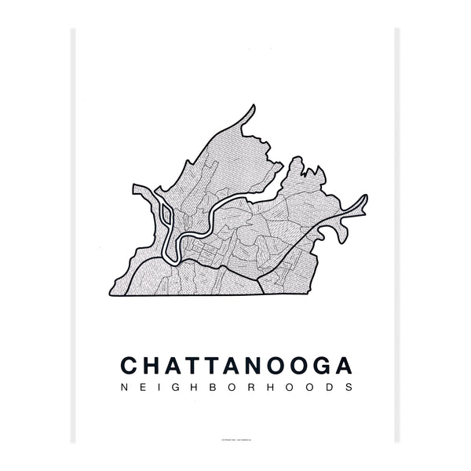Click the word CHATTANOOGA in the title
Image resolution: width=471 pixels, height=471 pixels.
(235, 366)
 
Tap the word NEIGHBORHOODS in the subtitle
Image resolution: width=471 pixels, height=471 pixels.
(235, 388)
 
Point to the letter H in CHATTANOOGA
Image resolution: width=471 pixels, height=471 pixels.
(151, 366)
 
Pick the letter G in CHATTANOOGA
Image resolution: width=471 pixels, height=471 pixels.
(320, 366)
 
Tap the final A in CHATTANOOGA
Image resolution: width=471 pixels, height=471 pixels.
(343, 366)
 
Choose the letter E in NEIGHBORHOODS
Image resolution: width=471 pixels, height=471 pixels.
(139, 388)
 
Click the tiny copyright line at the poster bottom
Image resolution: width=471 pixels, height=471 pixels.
(235, 439)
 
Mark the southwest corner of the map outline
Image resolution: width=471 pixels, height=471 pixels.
(108, 296)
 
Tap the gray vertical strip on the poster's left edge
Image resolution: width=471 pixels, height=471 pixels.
(75, 235)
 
